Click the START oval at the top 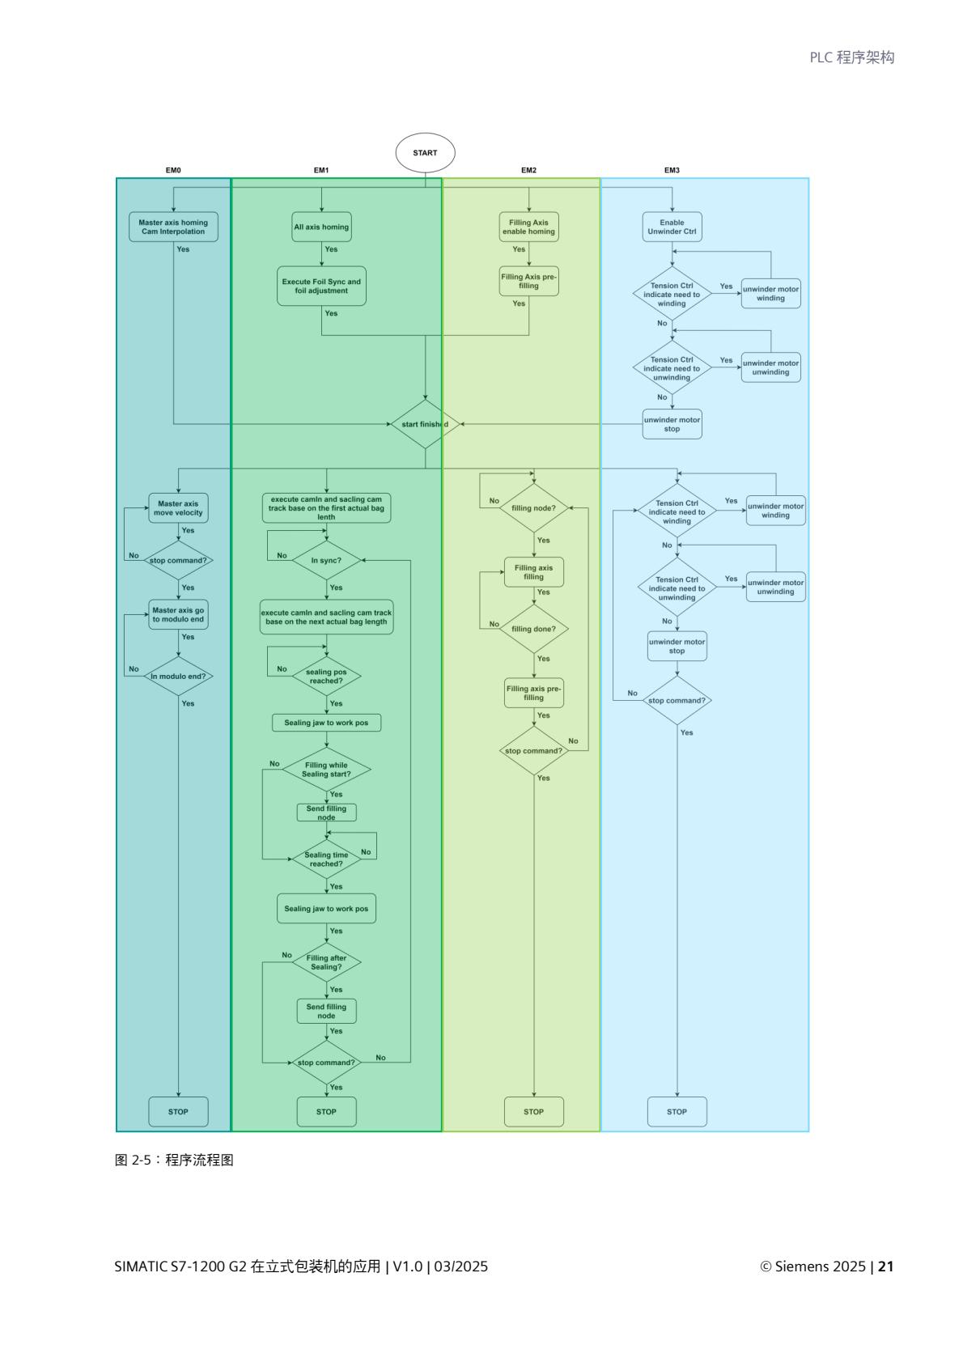[x=425, y=153]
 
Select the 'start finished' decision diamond [x=425, y=424]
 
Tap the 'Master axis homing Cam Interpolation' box [x=173, y=227]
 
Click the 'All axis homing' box [x=321, y=227]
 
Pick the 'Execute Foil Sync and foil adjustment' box [x=321, y=286]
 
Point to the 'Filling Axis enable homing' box [x=529, y=227]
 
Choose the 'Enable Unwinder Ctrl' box [x=672, y=227]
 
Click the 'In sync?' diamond [x=326, y=560]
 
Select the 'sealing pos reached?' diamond [x=326, y=676]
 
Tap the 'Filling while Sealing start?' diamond [x=326, y=770]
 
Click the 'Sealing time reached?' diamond [x=326, y=859]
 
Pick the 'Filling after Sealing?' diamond [x=326, y=962]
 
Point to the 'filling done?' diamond [x=534, y=629]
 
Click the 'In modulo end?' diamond [x=178, y=676]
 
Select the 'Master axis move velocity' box [x=178, y=508]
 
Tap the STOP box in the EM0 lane [x=178, y=1111]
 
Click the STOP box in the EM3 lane [x=677, y=1111]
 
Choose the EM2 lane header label [x=528, y=171]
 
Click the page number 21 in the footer [x=885, y=1267]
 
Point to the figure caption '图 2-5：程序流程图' [x=174, y=1160]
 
